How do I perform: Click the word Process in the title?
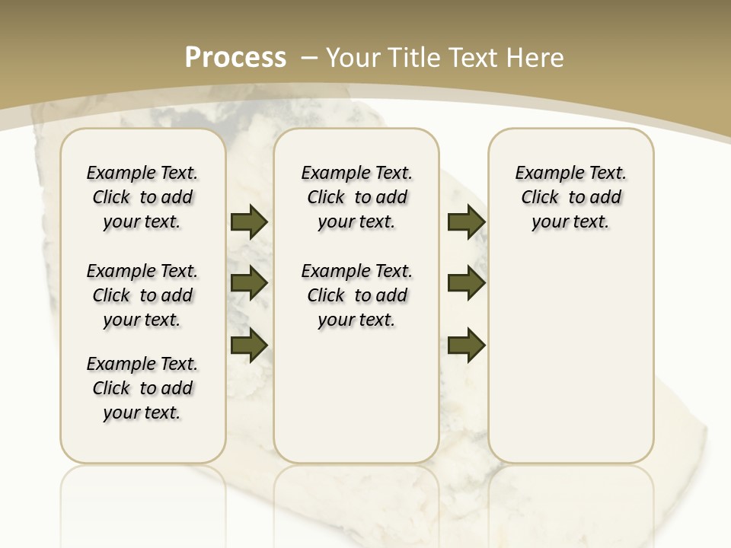click(235, 58)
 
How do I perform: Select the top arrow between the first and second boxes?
click(249, 222)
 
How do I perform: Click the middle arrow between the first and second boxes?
click(249, 284)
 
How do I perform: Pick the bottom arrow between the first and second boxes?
click(249, 346)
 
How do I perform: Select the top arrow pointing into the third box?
click(466, 222)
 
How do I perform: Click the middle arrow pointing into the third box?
click(466, 284)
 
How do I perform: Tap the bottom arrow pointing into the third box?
click(466, 346)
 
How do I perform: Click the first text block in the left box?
click(142, 197)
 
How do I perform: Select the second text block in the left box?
click(142, 295)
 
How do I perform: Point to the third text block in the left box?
click(142, 388)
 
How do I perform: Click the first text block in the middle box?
click(356, 197)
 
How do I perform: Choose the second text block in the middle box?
click(356, 295)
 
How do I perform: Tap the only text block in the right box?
click(570, 197)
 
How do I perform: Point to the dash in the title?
click(309, 58)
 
